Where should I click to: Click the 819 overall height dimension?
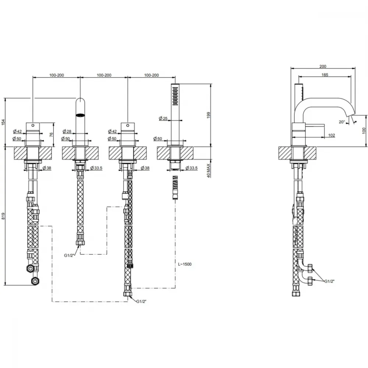pos(3,216)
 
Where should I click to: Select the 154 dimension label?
pos(3,122)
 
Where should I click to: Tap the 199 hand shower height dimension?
pos(209,115)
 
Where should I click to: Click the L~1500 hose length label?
pos(185,264)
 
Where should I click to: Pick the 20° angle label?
pos(342,122)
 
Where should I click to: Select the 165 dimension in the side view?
pos(325,75)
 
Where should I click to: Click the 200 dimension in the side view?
pos(323,66)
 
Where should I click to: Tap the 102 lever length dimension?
pos(332,135)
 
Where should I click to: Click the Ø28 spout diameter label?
pos(67,131)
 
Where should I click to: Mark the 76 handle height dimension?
pos(52,134)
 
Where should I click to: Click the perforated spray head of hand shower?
pos(175,96)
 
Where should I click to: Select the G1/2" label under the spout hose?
pos(70,255)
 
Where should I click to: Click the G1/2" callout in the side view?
pos(329,282)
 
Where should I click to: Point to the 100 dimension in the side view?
pos(364,131)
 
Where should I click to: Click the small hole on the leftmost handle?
pos(33,125)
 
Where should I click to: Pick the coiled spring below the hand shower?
pos(175,181)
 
